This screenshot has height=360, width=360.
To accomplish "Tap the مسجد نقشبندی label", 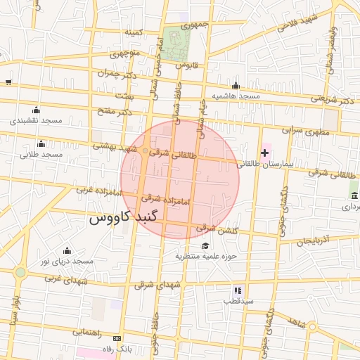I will tap(37, 121).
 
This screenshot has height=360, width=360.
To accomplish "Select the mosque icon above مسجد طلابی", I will tap(41, 143).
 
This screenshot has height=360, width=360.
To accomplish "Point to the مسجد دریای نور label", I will tap(67, 262).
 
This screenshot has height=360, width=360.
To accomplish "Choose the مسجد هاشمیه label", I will tap(236, 96).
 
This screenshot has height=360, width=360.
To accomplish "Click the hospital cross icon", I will tap(264, 152).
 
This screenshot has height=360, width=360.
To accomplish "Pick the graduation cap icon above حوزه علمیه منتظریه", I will tap(205, 245).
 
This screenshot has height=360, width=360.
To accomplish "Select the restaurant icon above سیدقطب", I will tap(238, 290).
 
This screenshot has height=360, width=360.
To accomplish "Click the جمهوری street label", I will tap(195, 24).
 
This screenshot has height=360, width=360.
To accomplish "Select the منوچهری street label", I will tap(126, 53).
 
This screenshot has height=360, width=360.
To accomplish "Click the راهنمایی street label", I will tap(87, 330).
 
